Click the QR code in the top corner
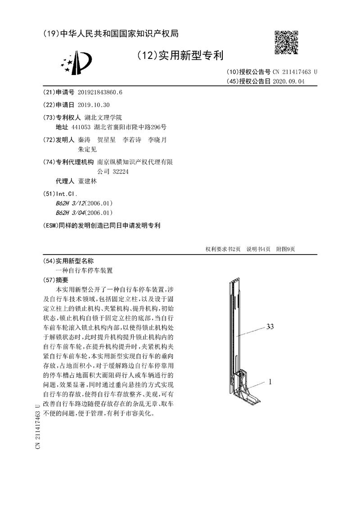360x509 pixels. coord(287,42)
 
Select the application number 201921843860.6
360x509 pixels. coord(100,93)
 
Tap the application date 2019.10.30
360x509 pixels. coord(94,105)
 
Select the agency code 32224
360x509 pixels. coord(119,171)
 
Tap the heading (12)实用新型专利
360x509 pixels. coord(180,55)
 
